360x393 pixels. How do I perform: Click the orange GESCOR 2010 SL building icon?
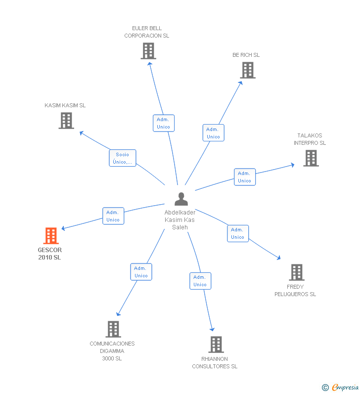coord(51,236)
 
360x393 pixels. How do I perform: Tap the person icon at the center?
coord(181,199)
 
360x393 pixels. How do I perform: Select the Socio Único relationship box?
coord(122,158)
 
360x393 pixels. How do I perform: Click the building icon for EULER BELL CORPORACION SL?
coord(148,51)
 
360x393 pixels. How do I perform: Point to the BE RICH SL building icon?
coord(248,70)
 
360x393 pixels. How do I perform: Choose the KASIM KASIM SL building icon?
coord(66,121)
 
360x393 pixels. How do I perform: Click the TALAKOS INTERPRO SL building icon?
coord(311,158)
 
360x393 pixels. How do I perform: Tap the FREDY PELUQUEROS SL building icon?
coord(297,272)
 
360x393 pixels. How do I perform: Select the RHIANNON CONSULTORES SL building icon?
coord(216,345)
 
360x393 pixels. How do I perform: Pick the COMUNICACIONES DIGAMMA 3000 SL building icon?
coord(113,329)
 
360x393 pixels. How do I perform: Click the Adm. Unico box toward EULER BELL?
coord(164,123)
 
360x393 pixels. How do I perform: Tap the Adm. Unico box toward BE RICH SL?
coord(213,133)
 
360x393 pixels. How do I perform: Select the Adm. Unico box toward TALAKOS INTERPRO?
coord(245,177)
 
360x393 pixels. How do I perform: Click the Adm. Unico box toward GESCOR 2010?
coord(113,216)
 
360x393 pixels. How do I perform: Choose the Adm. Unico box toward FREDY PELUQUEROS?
coord(238,233)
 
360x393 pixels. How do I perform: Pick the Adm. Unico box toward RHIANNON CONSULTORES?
coord(200,281)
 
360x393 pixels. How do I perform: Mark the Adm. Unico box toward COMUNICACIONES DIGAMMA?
coord(141,272)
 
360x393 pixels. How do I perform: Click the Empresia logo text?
coord(345,388)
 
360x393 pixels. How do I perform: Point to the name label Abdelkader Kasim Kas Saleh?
coord(180,220)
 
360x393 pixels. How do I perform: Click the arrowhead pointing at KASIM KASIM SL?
coord(82,133)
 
